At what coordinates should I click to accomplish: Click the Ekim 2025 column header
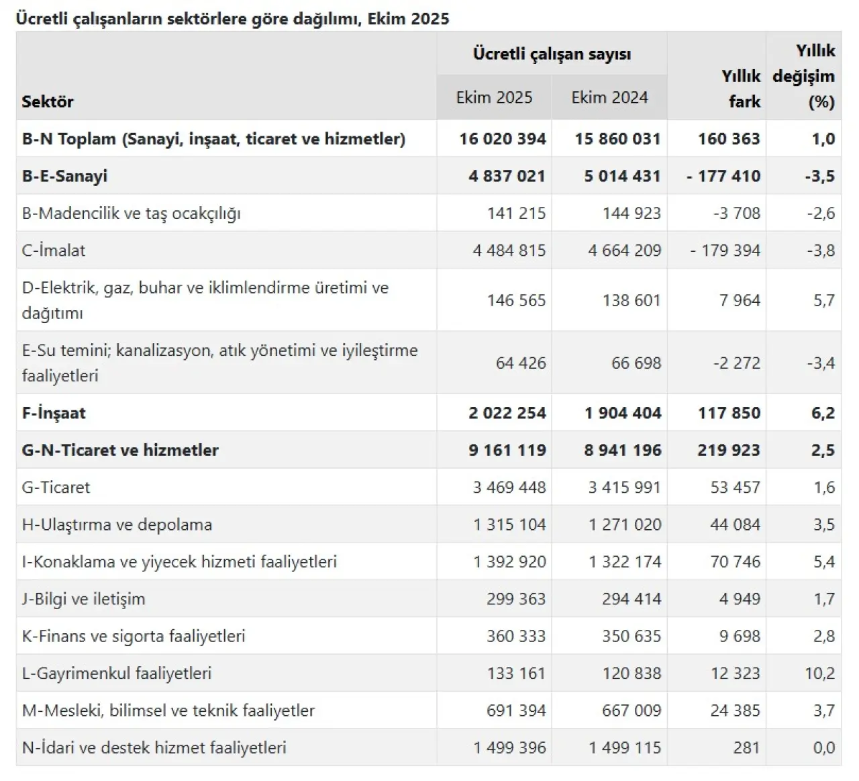click(494, 98)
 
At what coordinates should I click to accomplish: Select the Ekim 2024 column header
click(609, 98)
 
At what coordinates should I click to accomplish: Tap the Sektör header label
click(48, 102)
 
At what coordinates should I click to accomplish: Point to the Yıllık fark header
click(741, 89)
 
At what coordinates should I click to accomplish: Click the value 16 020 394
click(503, 139)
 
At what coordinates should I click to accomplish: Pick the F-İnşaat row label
click(54, 413)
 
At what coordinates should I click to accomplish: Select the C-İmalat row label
click(54, 250)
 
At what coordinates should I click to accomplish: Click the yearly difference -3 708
click(736, 214)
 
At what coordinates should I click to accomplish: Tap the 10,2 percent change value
click(819, 674)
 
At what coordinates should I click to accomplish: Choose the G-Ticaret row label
click(56, 488)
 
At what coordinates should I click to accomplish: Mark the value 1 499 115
click(625, 748)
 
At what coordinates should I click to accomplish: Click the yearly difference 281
click(746, 748)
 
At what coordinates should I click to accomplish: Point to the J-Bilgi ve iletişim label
click(83, 599)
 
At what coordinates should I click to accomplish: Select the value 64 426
click(521, 363)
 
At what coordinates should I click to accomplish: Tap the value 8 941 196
click(622, 451)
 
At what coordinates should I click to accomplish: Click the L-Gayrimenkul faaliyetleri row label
click(117, 674)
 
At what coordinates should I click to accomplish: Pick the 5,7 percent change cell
click(824, 300)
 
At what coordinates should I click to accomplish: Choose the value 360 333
click(516, 637)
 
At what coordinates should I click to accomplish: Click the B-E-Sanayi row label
click(64, 177)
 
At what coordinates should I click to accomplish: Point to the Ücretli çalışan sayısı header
click(552, 54)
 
